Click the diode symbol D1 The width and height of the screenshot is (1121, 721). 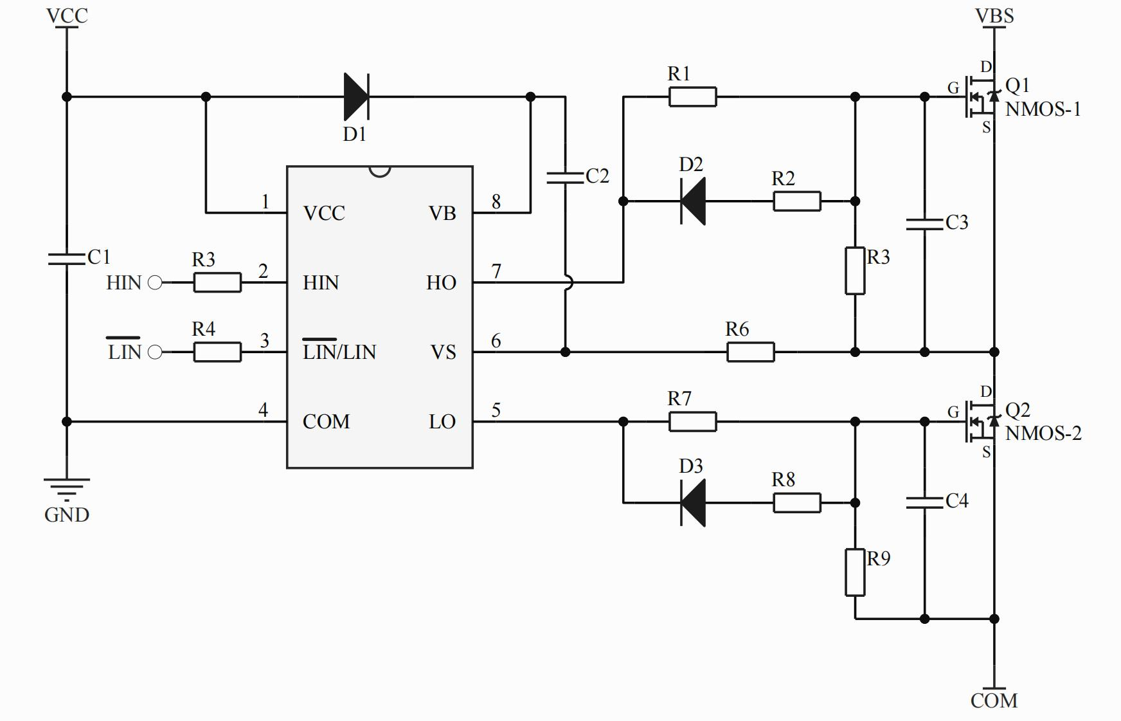[x=356, y=96]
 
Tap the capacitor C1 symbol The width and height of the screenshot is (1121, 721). [x=67, y=259]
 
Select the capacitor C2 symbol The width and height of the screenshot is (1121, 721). [x=565, y=178]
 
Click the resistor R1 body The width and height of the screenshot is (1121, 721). [x=692, y=96]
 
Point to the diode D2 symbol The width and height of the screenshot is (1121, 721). [x=693, y=201]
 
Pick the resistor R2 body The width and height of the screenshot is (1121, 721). [x=796, y=201]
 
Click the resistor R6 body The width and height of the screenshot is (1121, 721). [x=750, y=352]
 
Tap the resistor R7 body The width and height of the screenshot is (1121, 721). [x=692, y=421]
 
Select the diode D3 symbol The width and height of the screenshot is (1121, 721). [x=693, y=502]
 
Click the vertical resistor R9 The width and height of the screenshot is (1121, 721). [x=855, y=572]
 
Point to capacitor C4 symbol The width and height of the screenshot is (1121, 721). [x=924, y=502]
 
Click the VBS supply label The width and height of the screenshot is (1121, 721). [x=994, y=15]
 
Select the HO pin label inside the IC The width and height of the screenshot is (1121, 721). [x=441, y=282]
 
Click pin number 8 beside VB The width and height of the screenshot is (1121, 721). [x=496, y=202]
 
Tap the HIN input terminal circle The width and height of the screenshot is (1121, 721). [x=155, y=282]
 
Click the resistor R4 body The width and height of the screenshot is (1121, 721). [x=217, y=352]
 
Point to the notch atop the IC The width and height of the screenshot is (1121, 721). [x=380, y=171]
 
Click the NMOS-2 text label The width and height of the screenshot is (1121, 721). [x=1043, y=434]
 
